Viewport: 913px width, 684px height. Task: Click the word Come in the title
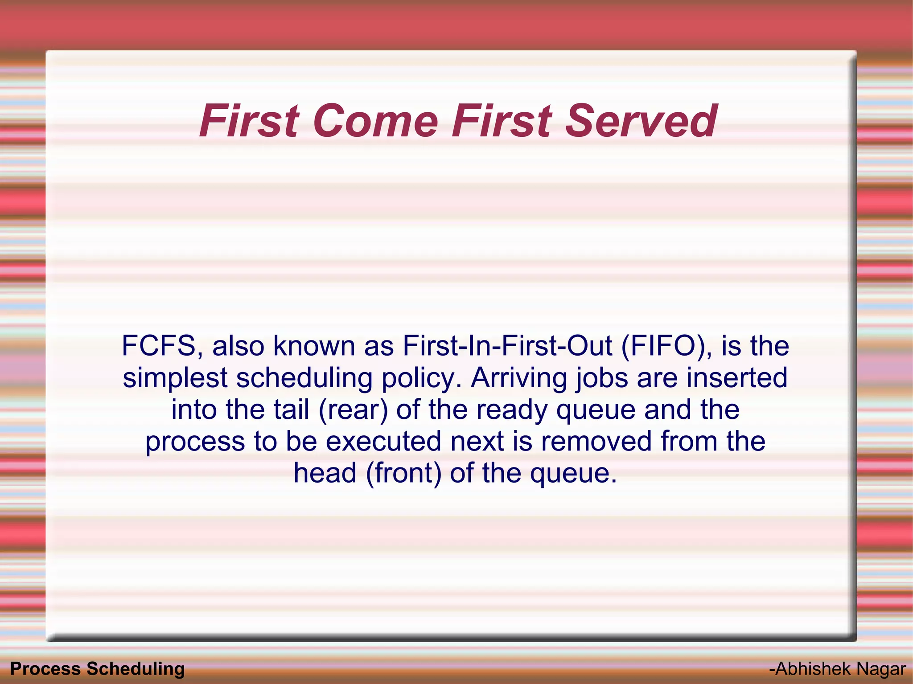pyautogui.click(x=375, y=121)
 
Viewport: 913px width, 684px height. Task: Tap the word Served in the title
pyautogui.click(x=641, y=121)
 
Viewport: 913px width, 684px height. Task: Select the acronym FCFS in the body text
pyautogui.click(x=159, y=346)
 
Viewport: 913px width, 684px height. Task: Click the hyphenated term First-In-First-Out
pyautogui.click(x=507, y=346)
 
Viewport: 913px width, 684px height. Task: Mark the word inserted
pyautogui.click(x=736, y=378)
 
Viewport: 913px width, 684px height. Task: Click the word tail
pyautogui.click(x=291, y=410)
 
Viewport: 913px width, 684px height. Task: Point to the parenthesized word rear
pyautogui.click(x=354, y=410)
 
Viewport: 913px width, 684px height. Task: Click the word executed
pyautogui.click(x=383, y=441)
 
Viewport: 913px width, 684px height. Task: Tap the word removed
pyautogui.click(x=596, y=441)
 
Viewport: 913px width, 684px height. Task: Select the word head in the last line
pyautogui.click(x=325, y=473)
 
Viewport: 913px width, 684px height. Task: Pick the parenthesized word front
pyautogui.click(x=404, y=473)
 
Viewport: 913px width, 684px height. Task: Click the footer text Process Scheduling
pyautogui.click(x=97, y=669)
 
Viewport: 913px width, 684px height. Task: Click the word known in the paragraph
pyautogui.click(x=314, y=346)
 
